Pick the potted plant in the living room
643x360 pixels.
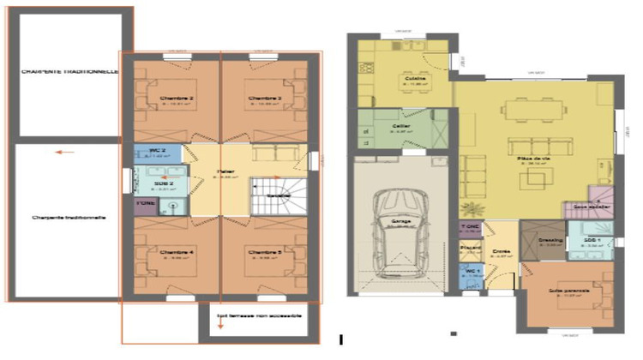471,207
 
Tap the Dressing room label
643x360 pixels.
550,241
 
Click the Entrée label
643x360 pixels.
502,252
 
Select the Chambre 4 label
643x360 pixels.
177,252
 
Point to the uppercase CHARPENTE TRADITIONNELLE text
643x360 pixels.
69,72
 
